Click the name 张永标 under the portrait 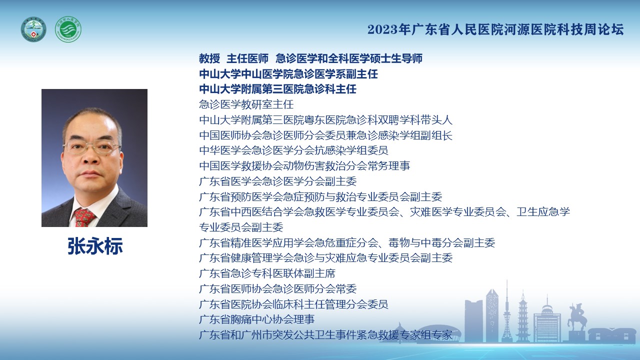click(x=95, y=246)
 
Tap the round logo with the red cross click(x=33, y=29)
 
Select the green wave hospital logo click(x=68, y=29)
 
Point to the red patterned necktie click(x=84, y=217)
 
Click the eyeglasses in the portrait click(x=92, y=147)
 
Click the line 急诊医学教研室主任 click(x=246, y=104)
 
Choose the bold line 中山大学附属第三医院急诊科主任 click(x=277, y=89)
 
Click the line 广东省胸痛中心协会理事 click(x=257, y=319)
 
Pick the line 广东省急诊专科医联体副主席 click(x=267, y=273)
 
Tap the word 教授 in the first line click(x=209, y=58)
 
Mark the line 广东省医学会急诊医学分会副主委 click(x=277, y=181)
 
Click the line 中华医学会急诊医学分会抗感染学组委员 click(x=293, y=150)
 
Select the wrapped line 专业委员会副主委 click(x=241, y=227)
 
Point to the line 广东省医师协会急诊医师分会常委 click(x=277, y=289)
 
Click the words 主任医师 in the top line click(x=247, y=58)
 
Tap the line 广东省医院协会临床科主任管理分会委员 click(x=293, y=304)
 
